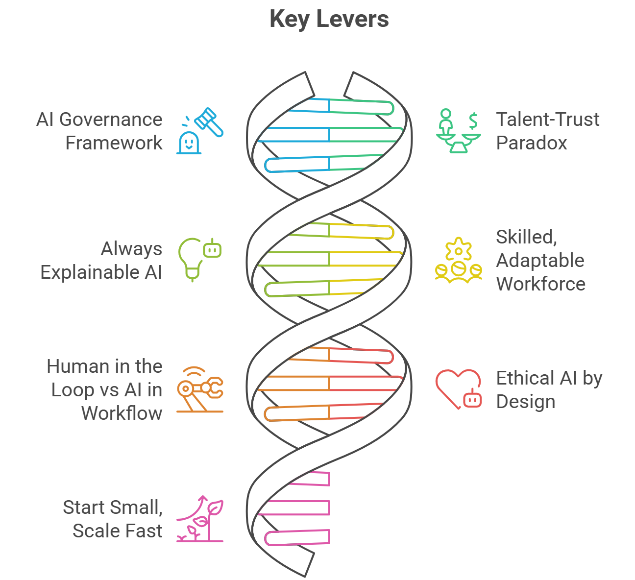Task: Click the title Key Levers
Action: tap(329, 20)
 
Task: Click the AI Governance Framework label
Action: tap(99, 131)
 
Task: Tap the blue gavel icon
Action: tap(210, 122)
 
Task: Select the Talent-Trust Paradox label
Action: tap(547, 131)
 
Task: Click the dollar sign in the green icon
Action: tap(473, 120)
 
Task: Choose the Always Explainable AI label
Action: tap(101, 261)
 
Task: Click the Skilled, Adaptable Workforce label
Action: tap(540, 261)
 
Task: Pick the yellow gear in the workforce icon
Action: tap(458, 250)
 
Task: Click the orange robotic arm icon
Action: tap(200, 390)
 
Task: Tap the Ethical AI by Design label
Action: tap(549, 390)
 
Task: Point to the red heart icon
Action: tap(456, 387)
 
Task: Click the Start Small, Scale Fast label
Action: tap(113, 519)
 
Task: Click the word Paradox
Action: tap(532, 143)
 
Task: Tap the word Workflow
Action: tap(122, 413)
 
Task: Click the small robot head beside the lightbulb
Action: tap(212, 249)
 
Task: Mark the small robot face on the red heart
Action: tap(472, 399)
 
